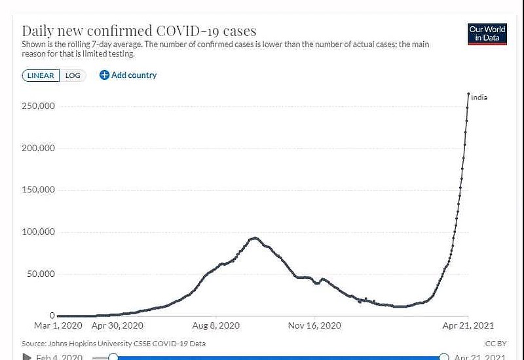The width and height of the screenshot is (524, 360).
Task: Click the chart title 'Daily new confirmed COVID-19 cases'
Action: pyautogui.click(x=139, y=31)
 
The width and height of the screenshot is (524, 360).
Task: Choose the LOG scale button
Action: pyautogui.click(x=73, y=75)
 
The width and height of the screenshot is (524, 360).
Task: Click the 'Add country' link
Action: pyautogui.click(x=134, y=75)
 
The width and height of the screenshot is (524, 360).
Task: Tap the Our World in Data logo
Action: pyautogui.click(x=487, y=33)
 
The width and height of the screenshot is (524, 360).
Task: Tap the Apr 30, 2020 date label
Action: pyautogui.click(x=117, y=325)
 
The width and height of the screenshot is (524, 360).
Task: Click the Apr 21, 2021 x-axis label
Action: pyautogui.click(x=468, y=325)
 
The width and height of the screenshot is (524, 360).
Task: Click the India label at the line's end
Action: pyautogui.click(x=479, y=98)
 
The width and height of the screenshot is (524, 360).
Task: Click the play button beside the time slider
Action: pyautogui.click(x=27, y=357)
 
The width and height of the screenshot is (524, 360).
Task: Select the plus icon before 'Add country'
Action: pyautogui.click(x=104, y=75)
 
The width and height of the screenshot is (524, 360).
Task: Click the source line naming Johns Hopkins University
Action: pyautogui.click(x=113, y=343)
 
